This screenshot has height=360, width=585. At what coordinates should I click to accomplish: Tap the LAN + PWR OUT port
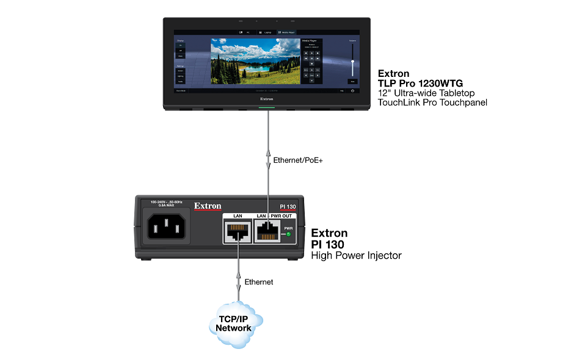pos(267,231)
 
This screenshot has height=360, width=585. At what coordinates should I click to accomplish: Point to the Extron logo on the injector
pos(208,206)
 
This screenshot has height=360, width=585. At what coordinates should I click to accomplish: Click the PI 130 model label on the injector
pos(287,207)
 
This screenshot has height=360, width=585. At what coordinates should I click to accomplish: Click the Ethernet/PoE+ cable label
pos(297,160)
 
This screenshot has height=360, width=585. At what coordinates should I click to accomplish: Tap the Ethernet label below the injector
pos(259,282)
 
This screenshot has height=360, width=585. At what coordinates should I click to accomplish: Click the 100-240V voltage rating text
pos(167,203)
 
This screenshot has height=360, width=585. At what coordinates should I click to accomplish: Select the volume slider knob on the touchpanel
pos(352,62)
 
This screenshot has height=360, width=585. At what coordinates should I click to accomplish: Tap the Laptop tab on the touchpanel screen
pos(266,32)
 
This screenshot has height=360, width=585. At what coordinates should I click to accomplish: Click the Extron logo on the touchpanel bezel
pos(266,98)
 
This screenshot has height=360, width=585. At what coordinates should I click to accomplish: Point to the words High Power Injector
pos(357,255)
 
